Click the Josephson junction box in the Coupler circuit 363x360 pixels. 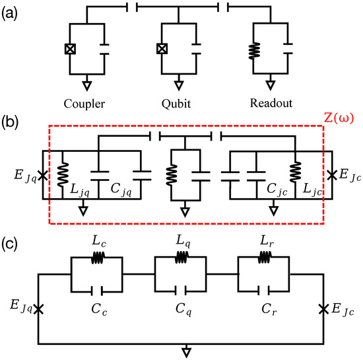coord(69,49)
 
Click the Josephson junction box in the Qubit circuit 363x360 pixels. coord(160,49)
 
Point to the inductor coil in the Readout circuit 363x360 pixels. coord(251,50)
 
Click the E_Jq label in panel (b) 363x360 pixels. coord(24,176)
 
